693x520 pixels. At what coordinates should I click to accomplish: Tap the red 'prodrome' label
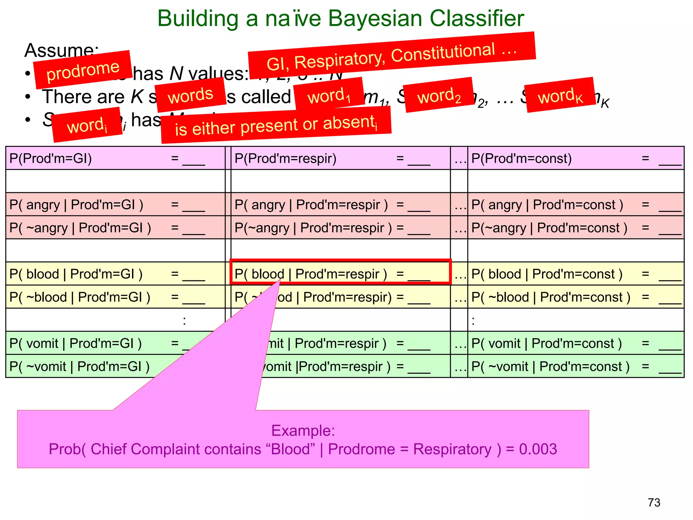[x=83, y=70]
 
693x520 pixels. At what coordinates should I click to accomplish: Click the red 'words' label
[x=191, y=95]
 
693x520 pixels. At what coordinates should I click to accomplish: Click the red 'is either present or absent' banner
[x=276, y=125]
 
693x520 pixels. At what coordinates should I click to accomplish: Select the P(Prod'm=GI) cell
[x=115, y=158]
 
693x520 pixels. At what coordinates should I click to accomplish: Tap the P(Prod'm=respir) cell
[x=340, y=158]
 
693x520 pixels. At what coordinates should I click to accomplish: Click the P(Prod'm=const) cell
[x=575, y=158]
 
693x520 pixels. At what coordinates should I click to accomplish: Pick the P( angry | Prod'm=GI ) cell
[x=115, y=204]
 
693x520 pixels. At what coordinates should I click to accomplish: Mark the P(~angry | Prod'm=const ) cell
[x=575, y=228]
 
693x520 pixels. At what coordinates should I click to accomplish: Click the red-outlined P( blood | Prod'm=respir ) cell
[x=340, y=274]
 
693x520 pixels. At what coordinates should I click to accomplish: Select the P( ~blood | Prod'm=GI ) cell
[x=115, y=297]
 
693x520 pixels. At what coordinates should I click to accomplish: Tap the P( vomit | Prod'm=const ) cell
[x=575, y=343]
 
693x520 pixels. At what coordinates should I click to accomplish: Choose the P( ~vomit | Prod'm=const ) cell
[x=575, y=366]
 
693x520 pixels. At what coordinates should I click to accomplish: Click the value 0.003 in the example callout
[x=538, y=449]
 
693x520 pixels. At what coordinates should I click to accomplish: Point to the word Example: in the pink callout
[x=303, y=431]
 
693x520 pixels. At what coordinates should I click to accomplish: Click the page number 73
[x=654, y=502]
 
